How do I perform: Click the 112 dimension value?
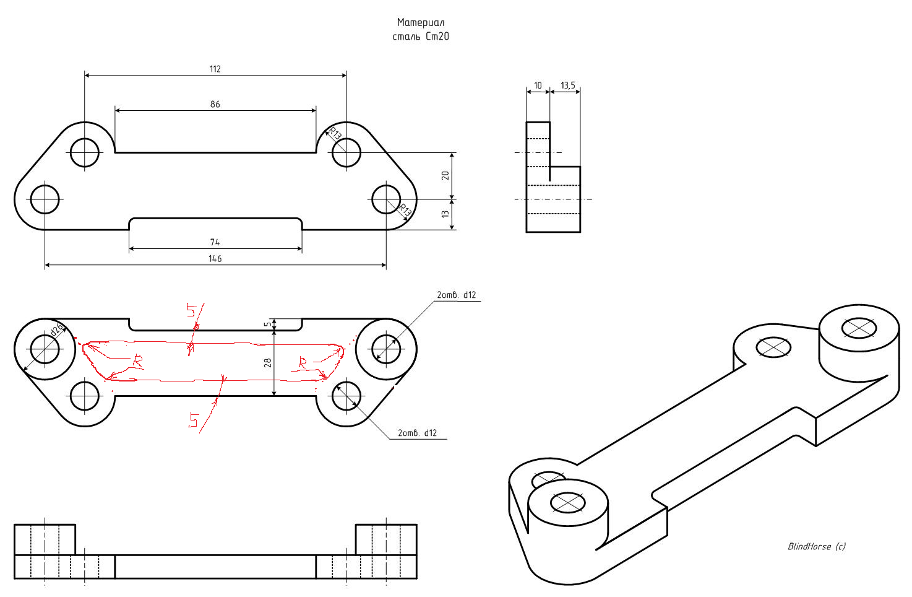215,69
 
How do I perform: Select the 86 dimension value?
215,104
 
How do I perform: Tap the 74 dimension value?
215,242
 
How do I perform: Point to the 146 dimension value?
215,258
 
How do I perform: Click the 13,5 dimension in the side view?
567,85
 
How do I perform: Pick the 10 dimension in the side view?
538,85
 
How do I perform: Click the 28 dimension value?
268,362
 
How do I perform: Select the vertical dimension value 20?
445,175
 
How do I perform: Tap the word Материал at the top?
421,22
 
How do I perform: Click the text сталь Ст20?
421,37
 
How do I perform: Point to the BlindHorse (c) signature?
816,546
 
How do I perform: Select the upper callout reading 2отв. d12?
457,295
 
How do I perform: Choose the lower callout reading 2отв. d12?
417,433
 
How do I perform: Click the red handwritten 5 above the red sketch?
192,310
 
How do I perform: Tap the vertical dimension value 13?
445,214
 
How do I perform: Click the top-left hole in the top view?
85,152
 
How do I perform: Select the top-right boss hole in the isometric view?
859,328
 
